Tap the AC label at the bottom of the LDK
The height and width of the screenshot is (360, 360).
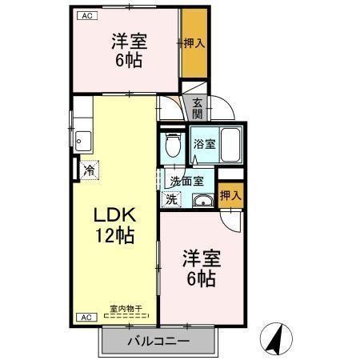coord(83,317)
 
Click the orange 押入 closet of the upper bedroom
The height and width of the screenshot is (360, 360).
coord(194,43)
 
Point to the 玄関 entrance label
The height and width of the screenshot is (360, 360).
coord(197,107)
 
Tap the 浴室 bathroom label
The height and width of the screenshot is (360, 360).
coord(204,145)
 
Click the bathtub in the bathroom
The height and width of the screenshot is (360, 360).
coord(231,144)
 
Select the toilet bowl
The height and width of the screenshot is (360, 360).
coord(171,146)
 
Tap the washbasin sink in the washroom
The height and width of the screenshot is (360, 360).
coord(202,200)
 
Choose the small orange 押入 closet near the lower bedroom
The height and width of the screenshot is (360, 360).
coord(230,195)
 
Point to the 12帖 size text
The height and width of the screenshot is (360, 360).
coord(117,236)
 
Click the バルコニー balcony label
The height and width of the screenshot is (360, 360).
coord(158,342)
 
